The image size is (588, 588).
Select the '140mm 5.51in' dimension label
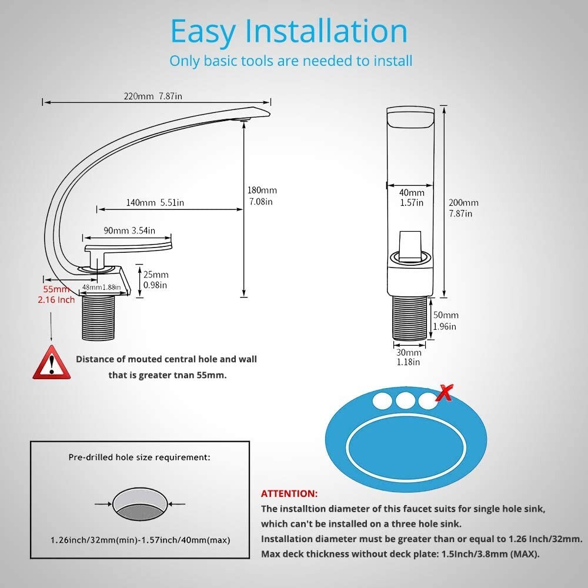[x=155, y=202]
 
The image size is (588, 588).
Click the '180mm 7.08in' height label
[x=262, y=196]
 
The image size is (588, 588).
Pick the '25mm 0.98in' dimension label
[x=156, y=280]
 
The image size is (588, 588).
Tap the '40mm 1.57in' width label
[x=412, y=198]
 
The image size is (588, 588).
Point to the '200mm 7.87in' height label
[x=463, y=208]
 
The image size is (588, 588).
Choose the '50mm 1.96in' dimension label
[x=446, y=320]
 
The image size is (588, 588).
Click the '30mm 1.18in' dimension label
[x=408, y=357]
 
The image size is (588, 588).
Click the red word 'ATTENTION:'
[x=289, y=493]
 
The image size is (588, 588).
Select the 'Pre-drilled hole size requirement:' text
[x=139, y=456]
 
